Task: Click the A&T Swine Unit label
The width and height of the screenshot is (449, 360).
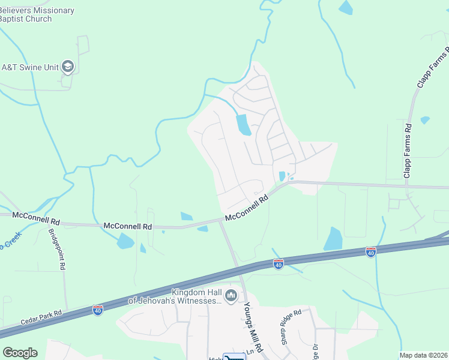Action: click(x=30, y=67)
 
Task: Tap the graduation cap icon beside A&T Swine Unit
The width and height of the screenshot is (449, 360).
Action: click(x=68, y=67)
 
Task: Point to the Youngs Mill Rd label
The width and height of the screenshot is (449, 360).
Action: click(x=252, y=327)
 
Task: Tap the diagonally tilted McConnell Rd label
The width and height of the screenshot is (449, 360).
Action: click(x=246, y=209)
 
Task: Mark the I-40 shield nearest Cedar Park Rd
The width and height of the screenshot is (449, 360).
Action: click(x=98, y=310)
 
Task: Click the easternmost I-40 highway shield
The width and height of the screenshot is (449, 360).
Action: click(x=370, y=252)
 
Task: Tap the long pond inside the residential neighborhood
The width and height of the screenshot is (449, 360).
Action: click(x=244, y=125)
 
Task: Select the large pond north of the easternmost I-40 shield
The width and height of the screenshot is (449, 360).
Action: click(x=333, y=239)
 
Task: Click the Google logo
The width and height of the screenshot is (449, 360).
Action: click(x=20, y=352)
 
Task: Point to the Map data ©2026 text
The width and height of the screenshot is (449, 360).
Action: click(x=423, y=355)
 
